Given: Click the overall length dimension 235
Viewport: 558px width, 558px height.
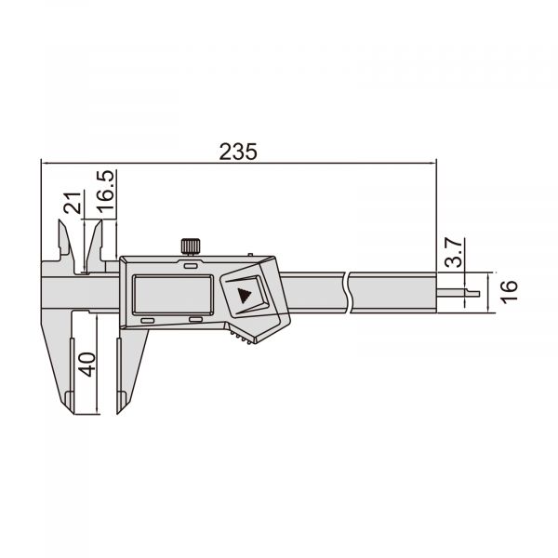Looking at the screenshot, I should (x=237, y=151).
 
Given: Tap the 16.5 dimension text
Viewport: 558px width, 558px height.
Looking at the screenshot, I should (x=107, y=192).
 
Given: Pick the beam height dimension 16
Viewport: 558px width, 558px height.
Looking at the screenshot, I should (x=507, y=289).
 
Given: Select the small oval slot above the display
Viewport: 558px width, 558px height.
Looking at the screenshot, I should (x=190, y=266).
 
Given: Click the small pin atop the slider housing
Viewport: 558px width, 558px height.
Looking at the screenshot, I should (x=251, y=254).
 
